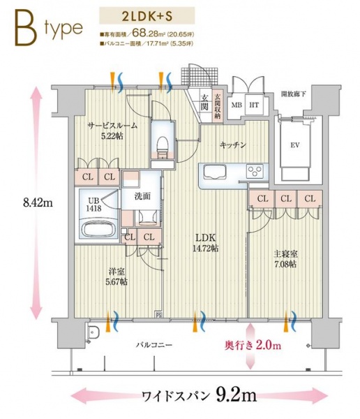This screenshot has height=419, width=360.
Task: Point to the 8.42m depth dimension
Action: pyautogui.click(x=21, y=203)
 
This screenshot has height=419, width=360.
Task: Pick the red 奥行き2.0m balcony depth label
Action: pyautogui.click(x=253, y=345)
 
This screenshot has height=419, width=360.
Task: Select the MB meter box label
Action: pyautogui.click(x=236, y=105)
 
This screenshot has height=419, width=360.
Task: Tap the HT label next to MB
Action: pyautogui.click(x=254, y=105)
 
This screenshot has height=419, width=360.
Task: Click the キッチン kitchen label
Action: pyautogui.click(x=232, y=145)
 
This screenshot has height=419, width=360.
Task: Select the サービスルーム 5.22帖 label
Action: pyautogui.click(x=112, y=131)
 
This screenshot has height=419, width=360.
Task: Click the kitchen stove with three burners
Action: pyautogui.click(x=255, y=170)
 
